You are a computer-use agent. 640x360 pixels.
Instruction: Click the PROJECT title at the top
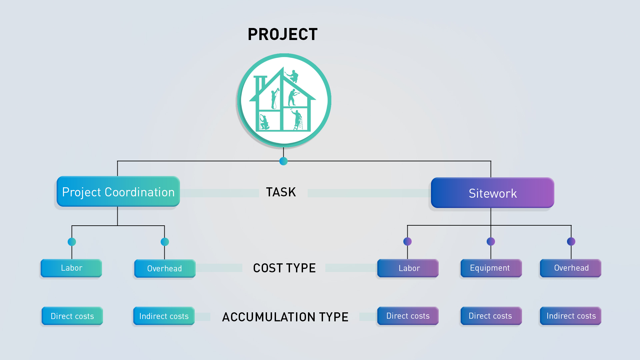(x=283, y=34)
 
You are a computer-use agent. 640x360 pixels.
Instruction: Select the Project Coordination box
(x=118, y=192)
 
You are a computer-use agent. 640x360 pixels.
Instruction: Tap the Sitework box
(x=492, y=193)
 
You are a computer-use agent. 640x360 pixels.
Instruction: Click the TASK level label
(x=281, y=192)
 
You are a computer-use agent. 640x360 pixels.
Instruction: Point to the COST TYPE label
(x=284, y=268)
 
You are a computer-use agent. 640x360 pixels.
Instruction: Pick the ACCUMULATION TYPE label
(x=285, y=317)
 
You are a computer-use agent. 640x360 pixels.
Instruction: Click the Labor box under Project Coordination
(x=71, y=268)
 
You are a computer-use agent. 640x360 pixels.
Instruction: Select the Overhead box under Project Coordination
(x=165, y=268)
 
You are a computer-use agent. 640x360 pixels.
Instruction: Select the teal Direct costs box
(x=72, y=316)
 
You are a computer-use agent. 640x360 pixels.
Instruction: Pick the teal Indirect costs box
(x=164, y=316)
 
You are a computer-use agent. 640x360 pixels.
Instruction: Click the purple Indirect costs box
(x=570, y=316)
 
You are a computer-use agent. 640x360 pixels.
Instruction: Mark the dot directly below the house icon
(x=283, y=161)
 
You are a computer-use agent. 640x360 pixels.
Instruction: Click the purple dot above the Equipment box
(x=491, y=241)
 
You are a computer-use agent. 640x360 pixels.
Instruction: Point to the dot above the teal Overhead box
(x=165, y=242)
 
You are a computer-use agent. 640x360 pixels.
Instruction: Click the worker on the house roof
(x=293, y=76)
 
